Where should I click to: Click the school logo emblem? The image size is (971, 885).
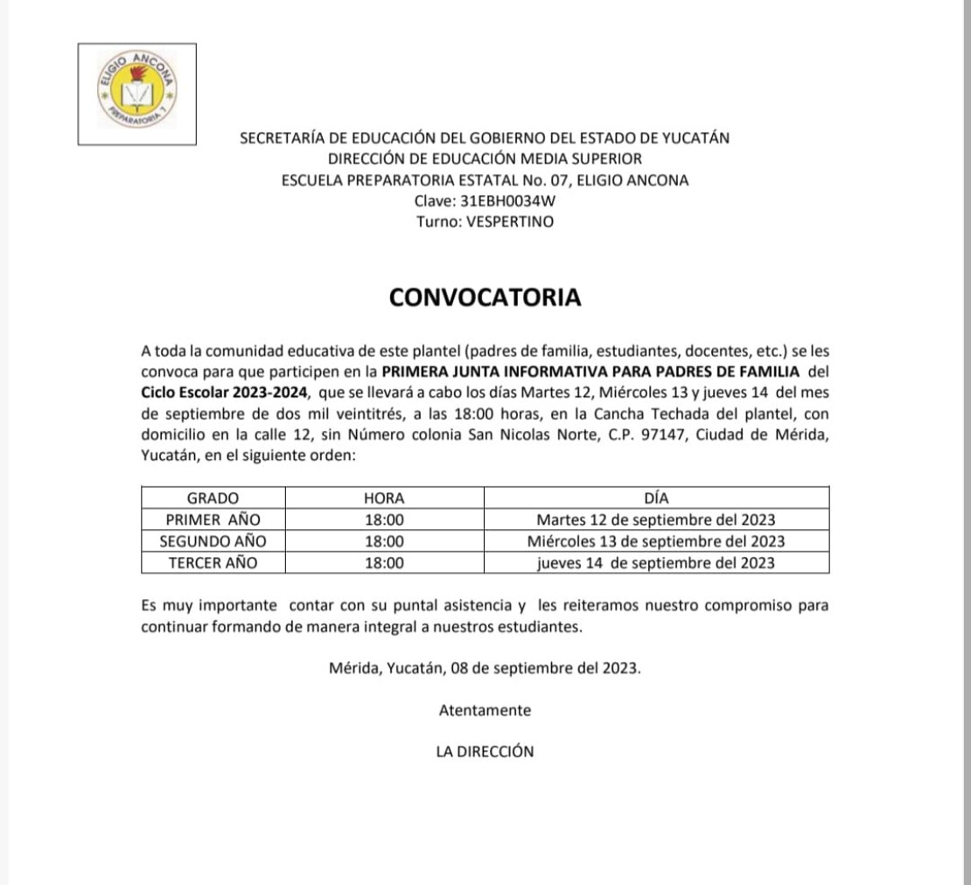point(137,94)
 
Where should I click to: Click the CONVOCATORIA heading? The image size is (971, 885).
point(485,297)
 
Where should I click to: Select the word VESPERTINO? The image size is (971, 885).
point(511,222)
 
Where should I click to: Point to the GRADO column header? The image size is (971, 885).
point(213,498)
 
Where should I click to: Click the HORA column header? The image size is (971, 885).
point(384,498)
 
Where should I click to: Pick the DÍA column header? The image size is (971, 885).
point(656,498)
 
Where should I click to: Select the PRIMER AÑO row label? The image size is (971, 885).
point(213,520)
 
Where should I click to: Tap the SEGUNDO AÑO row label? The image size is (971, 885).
point(213,541)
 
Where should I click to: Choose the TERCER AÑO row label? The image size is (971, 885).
point(213,563)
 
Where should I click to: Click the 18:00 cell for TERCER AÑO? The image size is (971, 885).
point(384,563)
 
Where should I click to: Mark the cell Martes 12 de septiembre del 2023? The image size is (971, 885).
point(656,520)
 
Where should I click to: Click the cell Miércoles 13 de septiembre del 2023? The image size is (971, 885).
point(656,541)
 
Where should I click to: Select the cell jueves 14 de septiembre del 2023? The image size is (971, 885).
point(656,563)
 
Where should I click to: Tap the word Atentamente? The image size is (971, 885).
point(485,711)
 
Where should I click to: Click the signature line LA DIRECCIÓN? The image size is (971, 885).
point(485,751)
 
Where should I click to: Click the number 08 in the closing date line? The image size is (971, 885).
point(462,669)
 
